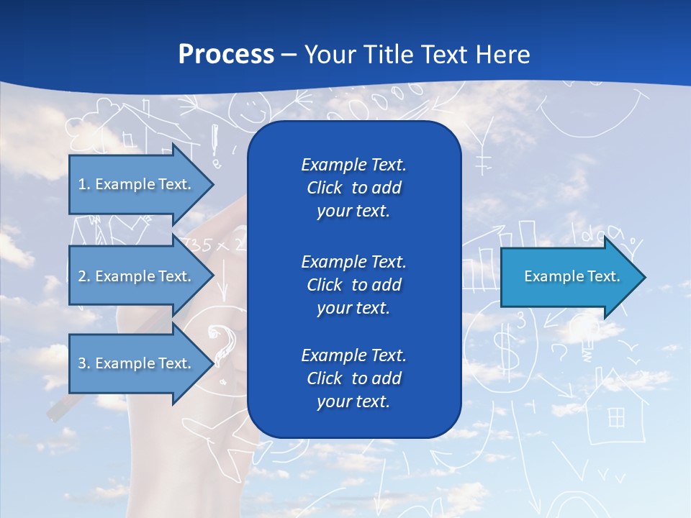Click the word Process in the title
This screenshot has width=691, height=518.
226,55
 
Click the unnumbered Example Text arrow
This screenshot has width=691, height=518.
572,276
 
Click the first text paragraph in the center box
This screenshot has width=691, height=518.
353,188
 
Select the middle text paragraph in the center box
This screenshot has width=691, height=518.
353,285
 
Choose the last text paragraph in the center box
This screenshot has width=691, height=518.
353,378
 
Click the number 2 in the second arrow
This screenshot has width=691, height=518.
82,276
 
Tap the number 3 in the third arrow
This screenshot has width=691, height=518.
82,363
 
